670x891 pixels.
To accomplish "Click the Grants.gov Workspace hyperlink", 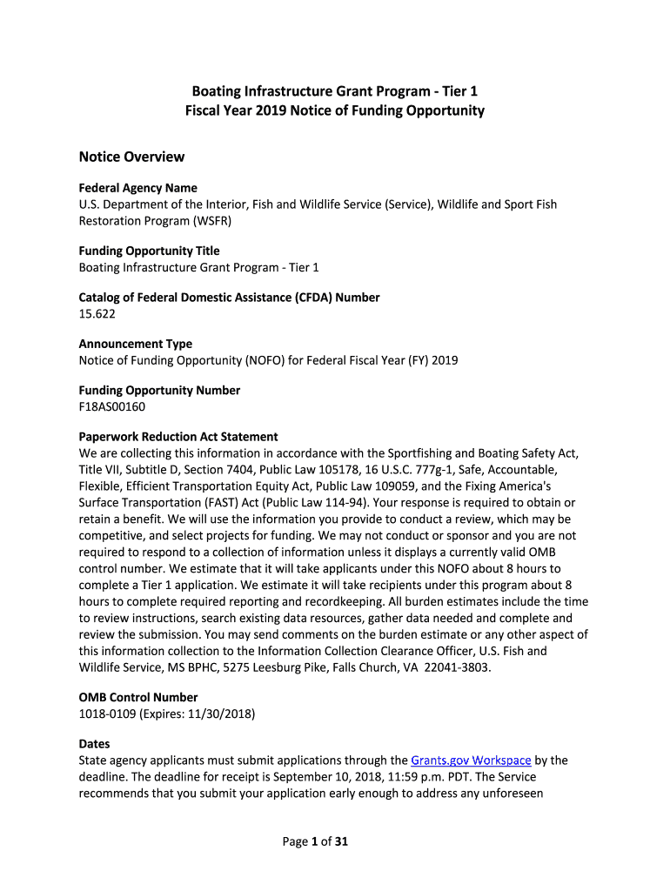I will point(471,760).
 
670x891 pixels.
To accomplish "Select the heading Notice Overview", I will point(131,157).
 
